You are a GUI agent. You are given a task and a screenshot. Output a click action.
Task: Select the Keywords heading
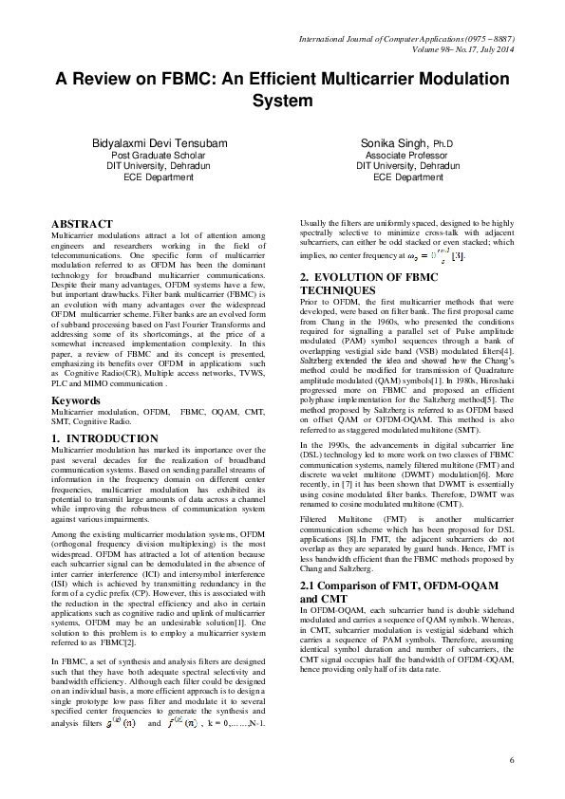tap(77, 427)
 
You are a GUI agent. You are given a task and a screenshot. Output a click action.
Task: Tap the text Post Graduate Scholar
tap(159, 155)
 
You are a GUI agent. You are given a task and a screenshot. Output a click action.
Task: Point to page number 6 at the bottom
tap(511, 760)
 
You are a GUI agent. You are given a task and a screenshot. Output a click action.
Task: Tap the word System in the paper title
tap(282, 100)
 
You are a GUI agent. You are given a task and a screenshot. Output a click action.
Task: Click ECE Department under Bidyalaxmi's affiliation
tap(159, 177)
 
